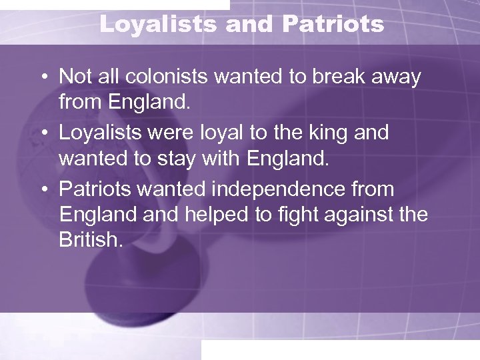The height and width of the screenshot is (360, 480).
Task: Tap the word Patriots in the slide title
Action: (333, 25)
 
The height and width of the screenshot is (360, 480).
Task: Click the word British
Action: (91, 240)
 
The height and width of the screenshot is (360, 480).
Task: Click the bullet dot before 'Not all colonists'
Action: (42, 77)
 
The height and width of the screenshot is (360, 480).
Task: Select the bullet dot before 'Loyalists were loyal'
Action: (42, 133)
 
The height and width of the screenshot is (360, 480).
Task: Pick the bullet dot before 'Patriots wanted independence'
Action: (42, 190)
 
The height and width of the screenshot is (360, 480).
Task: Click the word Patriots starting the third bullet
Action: (95, 190)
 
